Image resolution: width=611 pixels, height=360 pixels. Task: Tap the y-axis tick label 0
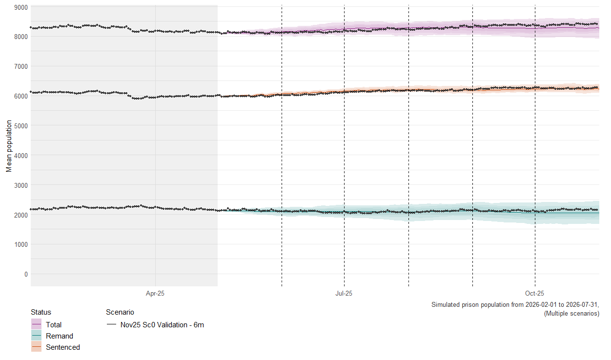(x=26, y=274)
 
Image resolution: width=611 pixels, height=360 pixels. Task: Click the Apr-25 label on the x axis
(x=155, y=294)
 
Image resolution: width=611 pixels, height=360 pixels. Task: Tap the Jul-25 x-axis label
(x=344, y=294)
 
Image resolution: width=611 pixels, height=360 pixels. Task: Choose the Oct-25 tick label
(x=535, y=294)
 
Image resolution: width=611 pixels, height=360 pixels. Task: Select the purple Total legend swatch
(x=36, y=324)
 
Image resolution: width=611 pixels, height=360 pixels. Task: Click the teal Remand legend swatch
(x=36, y=336)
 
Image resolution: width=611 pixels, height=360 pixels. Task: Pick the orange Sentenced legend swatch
(x=36, y=347)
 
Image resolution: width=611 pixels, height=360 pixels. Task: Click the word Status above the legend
(x=41, y=312)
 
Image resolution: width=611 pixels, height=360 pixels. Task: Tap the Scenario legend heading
(x=120, y=312)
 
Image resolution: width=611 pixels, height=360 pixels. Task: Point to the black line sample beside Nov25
(x=111, y=324)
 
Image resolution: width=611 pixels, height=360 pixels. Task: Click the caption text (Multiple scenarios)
(x=571, y=314)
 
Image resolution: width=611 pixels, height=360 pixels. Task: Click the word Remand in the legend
(x=60, y=336)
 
